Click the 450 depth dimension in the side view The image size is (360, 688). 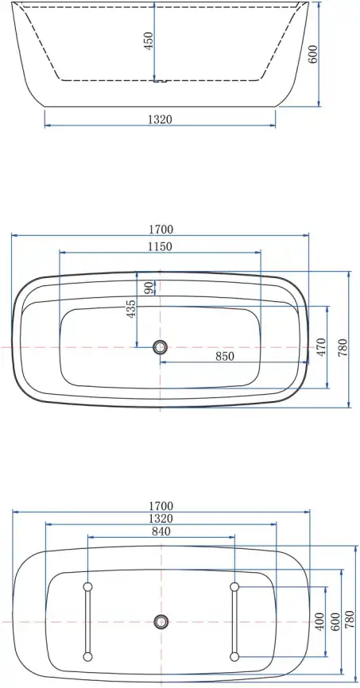[149, 41]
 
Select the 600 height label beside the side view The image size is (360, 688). [312, 54]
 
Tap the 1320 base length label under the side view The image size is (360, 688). [160, 119]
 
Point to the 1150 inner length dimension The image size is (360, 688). [160, 246]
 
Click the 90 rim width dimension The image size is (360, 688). [149, 288]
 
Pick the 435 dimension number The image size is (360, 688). [131, 309]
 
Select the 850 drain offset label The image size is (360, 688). [225, 356]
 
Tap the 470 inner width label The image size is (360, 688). [321, 347]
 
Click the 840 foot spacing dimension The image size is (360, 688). [161, 531]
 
